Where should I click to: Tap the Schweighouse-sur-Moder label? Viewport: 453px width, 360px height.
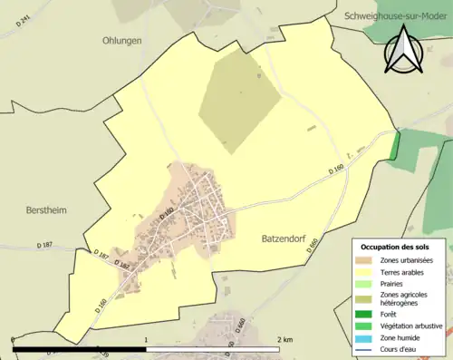397,15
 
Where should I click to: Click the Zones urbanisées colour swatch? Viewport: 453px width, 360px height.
365,260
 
